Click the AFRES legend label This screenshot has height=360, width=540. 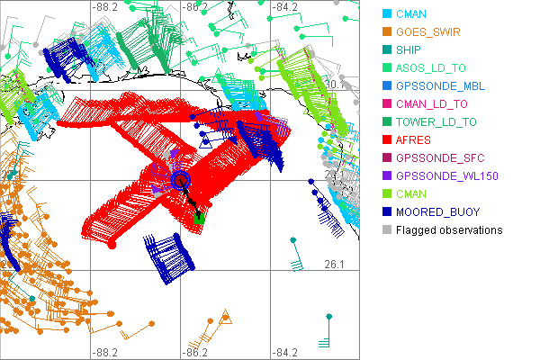(413, 139)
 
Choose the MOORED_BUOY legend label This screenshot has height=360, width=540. (437, 211)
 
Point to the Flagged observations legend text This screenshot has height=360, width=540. (449, 229)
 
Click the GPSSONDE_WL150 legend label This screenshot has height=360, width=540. (447, 175)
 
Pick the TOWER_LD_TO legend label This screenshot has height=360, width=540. (436, 121)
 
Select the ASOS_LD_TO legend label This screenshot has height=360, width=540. (432, 67)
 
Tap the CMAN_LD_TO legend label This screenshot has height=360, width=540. (433, 103)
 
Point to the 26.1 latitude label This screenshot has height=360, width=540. (335, 264)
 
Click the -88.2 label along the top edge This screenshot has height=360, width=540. (105, 6)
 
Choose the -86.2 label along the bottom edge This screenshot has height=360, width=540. (195, 352)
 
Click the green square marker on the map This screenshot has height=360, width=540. (199, 218)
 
